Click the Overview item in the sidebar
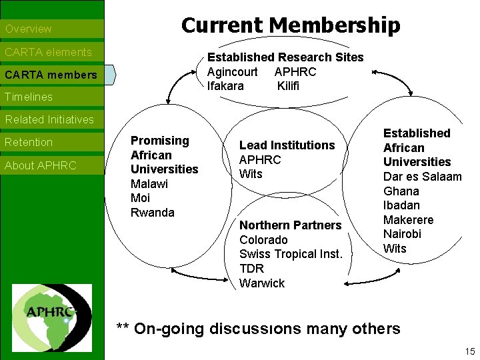(28, 29)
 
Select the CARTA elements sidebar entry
(48, 52)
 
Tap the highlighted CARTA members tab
(51, 75)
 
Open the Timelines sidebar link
(29, 97)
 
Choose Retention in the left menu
(29, 142)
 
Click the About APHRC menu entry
(41, 165)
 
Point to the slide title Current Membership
(291, 25)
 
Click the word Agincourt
(233, 71)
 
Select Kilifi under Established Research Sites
(289, 86)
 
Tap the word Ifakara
(225, 86)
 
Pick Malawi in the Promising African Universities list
(149, 183)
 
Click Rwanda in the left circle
(153, 213)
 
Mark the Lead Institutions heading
(287, 145)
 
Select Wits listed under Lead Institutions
(251, 174)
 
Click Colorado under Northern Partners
(263, 239)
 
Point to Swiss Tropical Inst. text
(291, 254)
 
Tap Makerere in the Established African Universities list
(408, 220)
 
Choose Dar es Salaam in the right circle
(422, 177)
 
